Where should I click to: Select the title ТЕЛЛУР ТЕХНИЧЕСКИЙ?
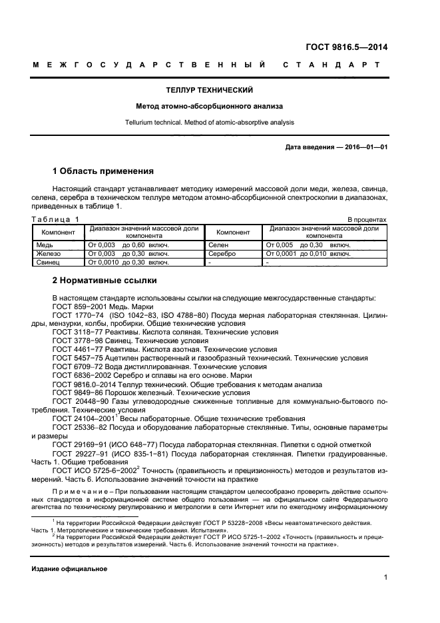pos(209,90)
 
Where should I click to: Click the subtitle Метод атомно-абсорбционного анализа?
pos(209,106)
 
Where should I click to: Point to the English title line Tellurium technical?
pos(209,122)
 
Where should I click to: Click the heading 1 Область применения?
pos(103,171)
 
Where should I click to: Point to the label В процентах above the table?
pos(367,219)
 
